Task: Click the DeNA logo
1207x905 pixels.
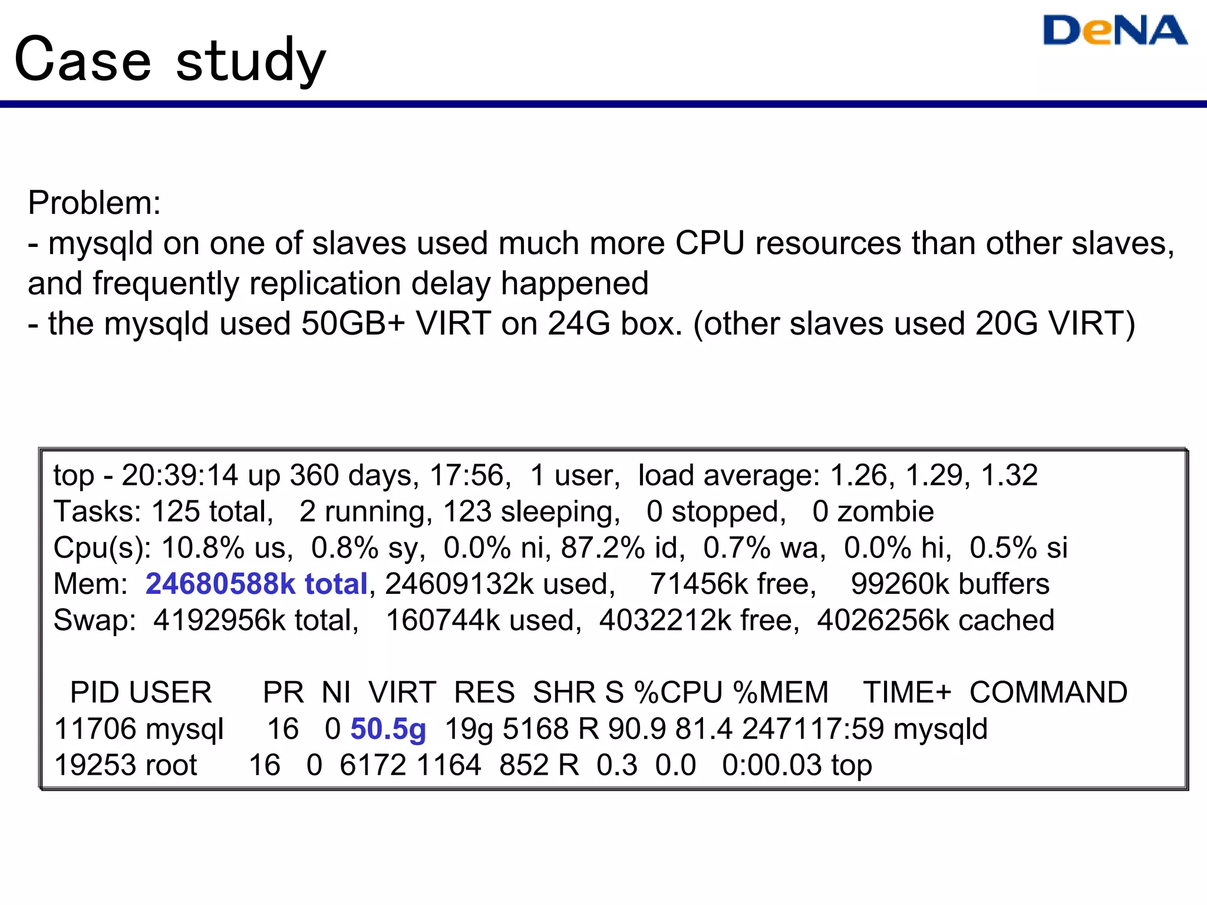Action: [1114, 31]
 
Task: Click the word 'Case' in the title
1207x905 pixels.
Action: [83, 60]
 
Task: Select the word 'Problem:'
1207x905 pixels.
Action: [94, 203]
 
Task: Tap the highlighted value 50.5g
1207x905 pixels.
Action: [388, 729]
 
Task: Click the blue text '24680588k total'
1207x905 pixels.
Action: [256, 584]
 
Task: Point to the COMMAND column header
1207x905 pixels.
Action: [1048, 692]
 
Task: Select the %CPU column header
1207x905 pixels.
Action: [678, 692]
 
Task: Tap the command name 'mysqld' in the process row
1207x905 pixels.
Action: [940, 729]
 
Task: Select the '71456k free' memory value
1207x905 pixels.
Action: [733, 584]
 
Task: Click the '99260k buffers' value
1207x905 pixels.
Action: [949, 584]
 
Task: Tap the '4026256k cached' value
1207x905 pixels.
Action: [935, 620]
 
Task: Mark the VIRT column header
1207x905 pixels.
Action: [403, 692]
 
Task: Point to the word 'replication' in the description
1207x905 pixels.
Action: [326, 283]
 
